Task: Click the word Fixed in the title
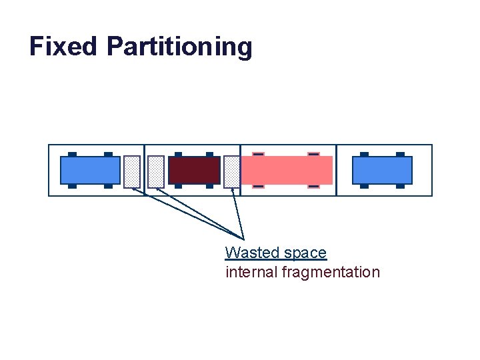coord(63,47)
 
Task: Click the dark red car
coord(194,170)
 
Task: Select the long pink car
coord(287,170)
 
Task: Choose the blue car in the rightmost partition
coord(382,170)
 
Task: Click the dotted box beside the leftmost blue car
coord(132,171)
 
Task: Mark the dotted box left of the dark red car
coord(156,171)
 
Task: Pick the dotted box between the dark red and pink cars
coord(231,171)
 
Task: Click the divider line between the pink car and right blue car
coord(337,170)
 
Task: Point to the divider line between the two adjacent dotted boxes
coord(145,170)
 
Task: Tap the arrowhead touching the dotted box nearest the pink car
coord(232,190)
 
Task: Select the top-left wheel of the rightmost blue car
coord(364,154)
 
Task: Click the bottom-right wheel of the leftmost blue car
coord(108,186)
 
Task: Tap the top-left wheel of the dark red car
coord(178,155)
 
